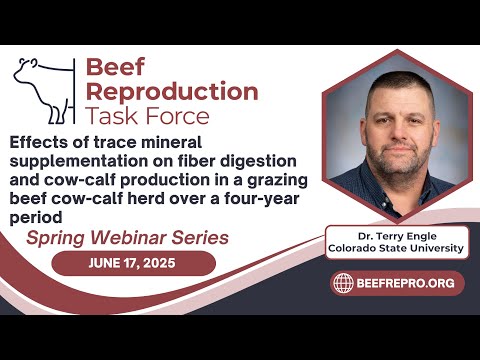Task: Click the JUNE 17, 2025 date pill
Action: tap(133, 263)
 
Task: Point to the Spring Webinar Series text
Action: tap(127, 238)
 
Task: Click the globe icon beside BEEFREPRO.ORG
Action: tap(343, 283)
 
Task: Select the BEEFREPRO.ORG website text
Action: tap(407, 283)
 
